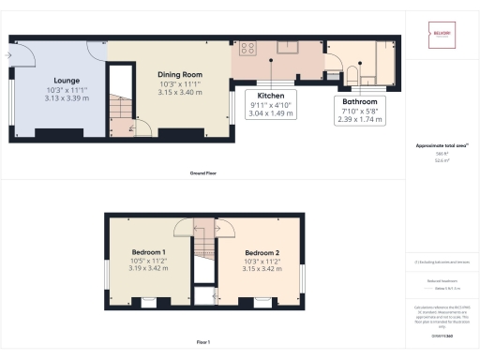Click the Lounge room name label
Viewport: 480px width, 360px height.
[66, 81]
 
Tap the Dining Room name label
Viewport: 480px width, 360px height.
[180, 74]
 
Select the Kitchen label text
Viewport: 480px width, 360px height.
[272, 96]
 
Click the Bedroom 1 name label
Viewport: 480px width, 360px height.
[149, 253]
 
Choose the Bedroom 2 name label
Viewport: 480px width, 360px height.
[264, 253]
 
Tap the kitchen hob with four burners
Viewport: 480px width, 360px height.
[250, 50]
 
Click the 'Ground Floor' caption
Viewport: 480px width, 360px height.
[203, 173]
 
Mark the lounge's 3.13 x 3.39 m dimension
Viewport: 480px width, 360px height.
[66, 97]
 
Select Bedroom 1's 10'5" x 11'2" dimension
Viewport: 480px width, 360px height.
[149, 262]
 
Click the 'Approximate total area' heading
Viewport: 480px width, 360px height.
[440, 146]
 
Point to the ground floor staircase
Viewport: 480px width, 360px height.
[119, 112]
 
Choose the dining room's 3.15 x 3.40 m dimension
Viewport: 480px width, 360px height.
[180, 92]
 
